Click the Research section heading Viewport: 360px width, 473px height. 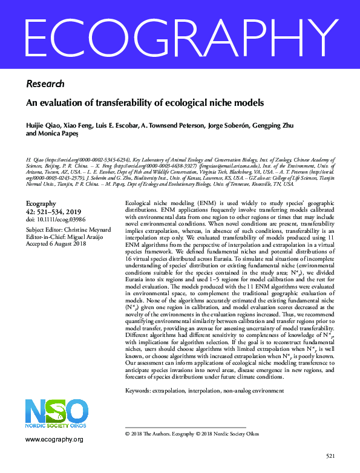click(45, 84)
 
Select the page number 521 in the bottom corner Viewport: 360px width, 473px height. click(330, 455)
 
